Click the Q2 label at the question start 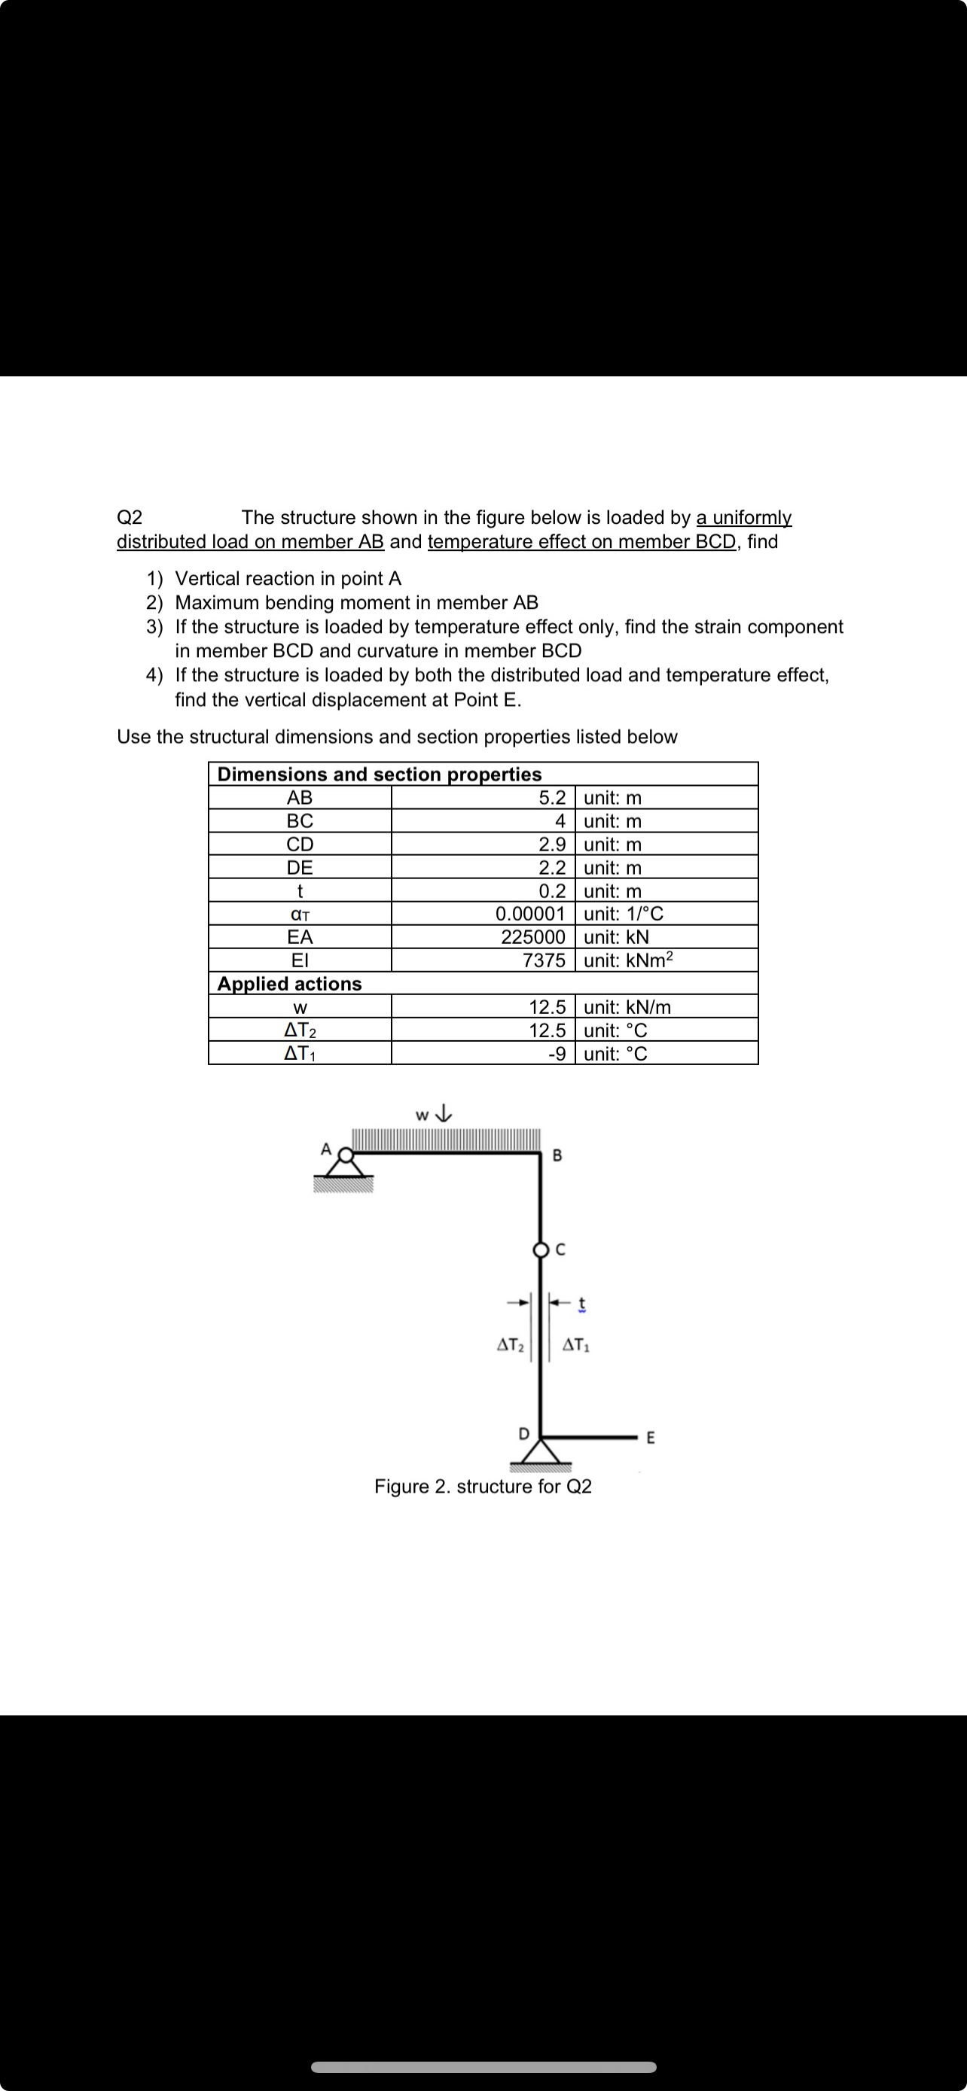[x=130, y=517]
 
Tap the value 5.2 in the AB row [x=552, y=797]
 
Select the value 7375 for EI [x=543, y=960]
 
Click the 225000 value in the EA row [x=532, y=936]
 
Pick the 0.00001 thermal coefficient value [x=529, y=914]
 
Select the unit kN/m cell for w [x=627, y=1007]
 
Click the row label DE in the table [x=300, y=867]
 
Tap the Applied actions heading [x=289, y=984]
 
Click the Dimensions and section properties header [x=379, y=775]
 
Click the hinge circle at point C [x=541, y=1250]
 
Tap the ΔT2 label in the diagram [x=509, y=1345]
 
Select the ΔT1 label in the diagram [x=575, y=1345]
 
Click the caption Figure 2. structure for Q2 [x=482, y=1487]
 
